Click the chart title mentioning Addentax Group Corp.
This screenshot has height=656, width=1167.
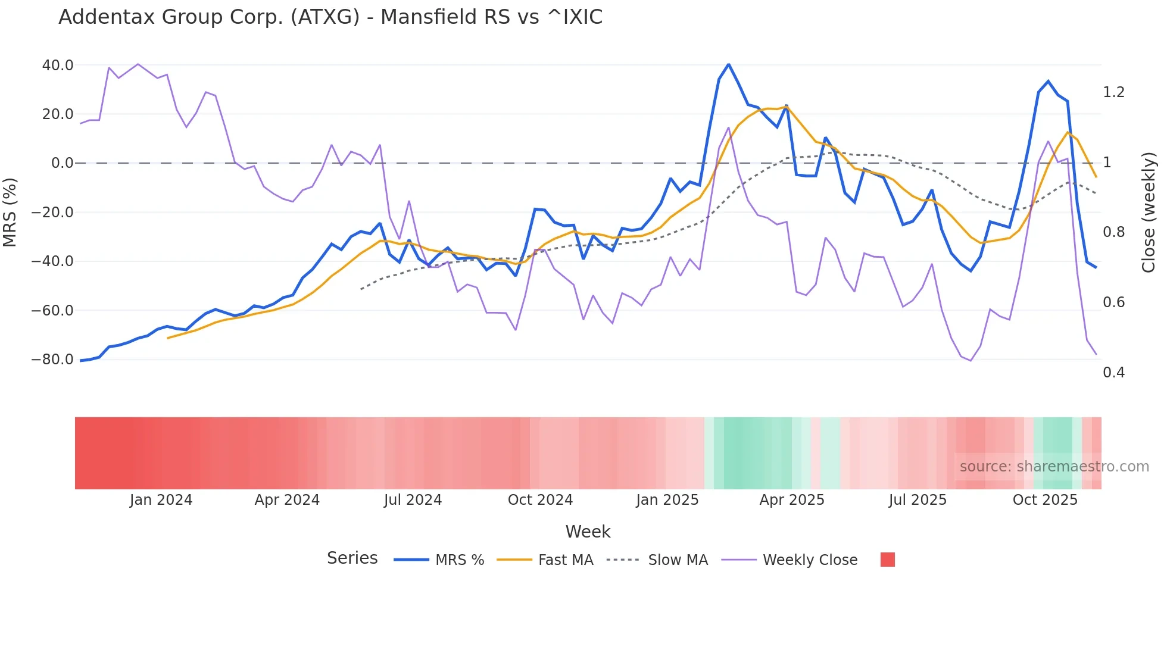[x=330, y=17]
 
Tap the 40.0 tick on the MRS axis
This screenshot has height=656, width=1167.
[x=58, y=65]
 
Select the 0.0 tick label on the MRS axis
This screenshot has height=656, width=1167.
[x=62, y=163]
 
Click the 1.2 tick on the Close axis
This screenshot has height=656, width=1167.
[x=1113, y=92]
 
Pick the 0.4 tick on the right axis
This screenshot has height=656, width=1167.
[x=1113, y=373]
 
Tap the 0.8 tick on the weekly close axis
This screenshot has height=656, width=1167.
[x=1113, y=232]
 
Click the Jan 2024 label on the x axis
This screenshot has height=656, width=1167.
[x=161, y=500]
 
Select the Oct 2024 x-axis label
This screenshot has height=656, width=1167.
[x=540, y=500]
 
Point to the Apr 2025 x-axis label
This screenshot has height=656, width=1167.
[x=792, y=500]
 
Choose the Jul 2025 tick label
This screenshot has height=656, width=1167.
[x=918, y=500]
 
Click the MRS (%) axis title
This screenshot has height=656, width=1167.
[x=10, y=212]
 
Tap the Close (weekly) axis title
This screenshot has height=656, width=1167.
[x=1149, y=212]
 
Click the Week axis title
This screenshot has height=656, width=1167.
[x=588, y=532]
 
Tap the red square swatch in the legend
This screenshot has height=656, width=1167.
[x=887, y=560]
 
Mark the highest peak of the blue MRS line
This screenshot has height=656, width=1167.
[x=728, y=64]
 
